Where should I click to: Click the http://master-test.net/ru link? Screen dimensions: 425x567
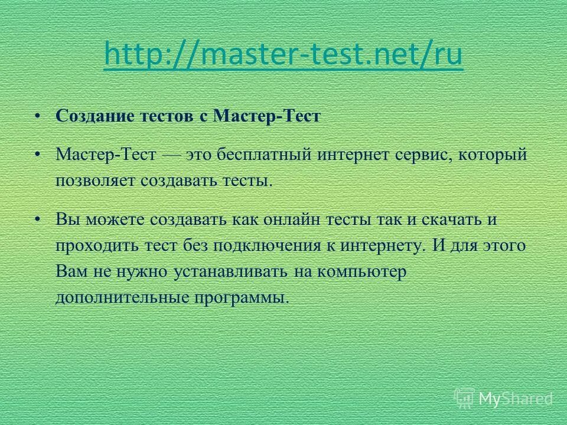pyautogui.click(x=283, y=56)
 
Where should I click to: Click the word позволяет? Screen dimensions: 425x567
pyautogui.click(x=96, y=180)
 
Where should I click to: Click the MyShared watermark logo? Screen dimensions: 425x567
pyautogui.click(x=503, y=398)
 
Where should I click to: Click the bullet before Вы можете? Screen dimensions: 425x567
pyautogui.click(x=38, y=218)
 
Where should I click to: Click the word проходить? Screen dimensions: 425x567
pyautogui.click(x=93, y=245)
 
